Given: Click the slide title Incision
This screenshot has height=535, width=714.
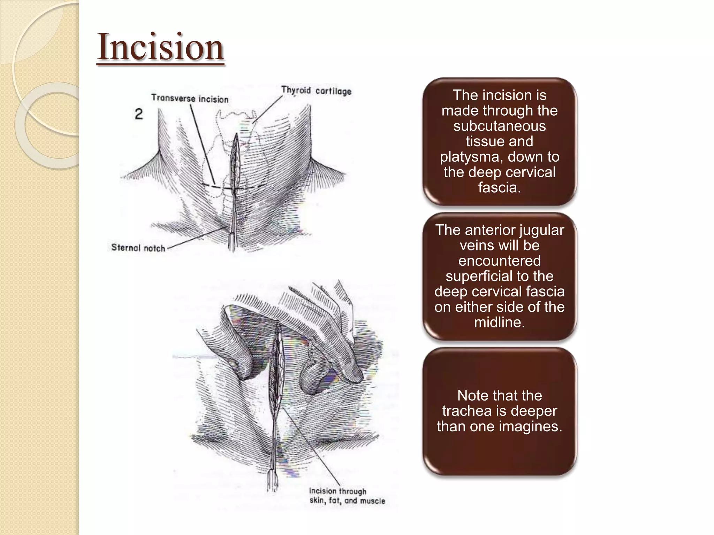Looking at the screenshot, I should (x=160, y=47).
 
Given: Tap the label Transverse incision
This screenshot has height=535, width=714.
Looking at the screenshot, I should (x=190, y=99).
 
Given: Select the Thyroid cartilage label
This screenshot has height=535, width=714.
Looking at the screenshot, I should (x=316, y=91).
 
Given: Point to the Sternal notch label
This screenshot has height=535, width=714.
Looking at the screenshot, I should (x=138, y=248).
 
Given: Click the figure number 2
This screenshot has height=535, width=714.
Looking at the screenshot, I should (x=139, y=114).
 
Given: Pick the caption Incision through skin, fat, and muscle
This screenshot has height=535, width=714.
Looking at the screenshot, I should (x=347, y=496).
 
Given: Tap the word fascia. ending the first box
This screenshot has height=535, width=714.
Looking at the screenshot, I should (x=499, y=187).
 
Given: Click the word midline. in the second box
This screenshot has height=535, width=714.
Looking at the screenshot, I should (x=499, y=322).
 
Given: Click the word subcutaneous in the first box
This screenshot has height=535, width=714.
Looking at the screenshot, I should (x=499, y=126).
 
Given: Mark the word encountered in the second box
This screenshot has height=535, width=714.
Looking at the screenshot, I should (x=499, y=261).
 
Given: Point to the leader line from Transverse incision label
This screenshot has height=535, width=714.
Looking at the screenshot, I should (x=202, y=143).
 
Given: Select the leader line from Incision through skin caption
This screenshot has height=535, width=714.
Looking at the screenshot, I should (x=307, y=446).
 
